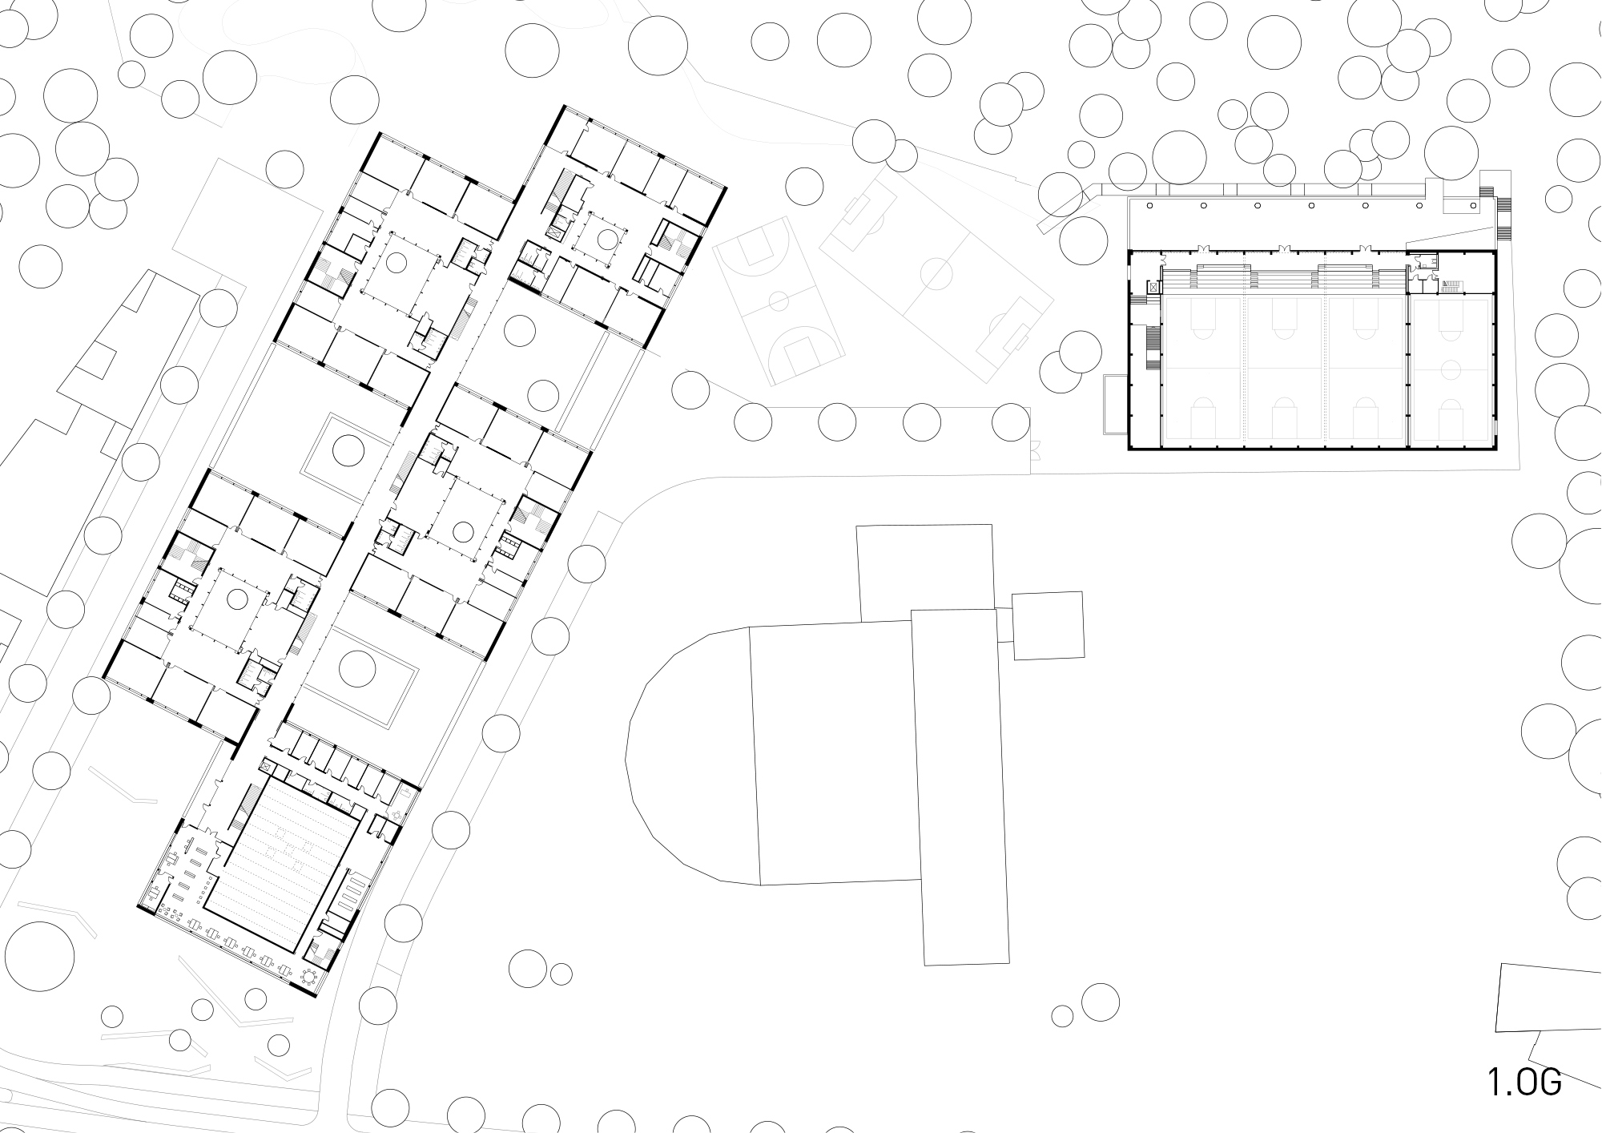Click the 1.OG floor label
(x=1525, y=1082)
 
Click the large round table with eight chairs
(x=309, y=976)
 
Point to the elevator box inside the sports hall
(x=1153, y=287)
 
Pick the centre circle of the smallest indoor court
(x=1451, y=369)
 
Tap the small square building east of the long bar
(x=1049, y=626)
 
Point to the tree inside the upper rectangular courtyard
(x=349, y=450)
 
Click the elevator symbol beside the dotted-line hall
(x=397, y=815)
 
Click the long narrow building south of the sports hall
(x=961, y=786)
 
